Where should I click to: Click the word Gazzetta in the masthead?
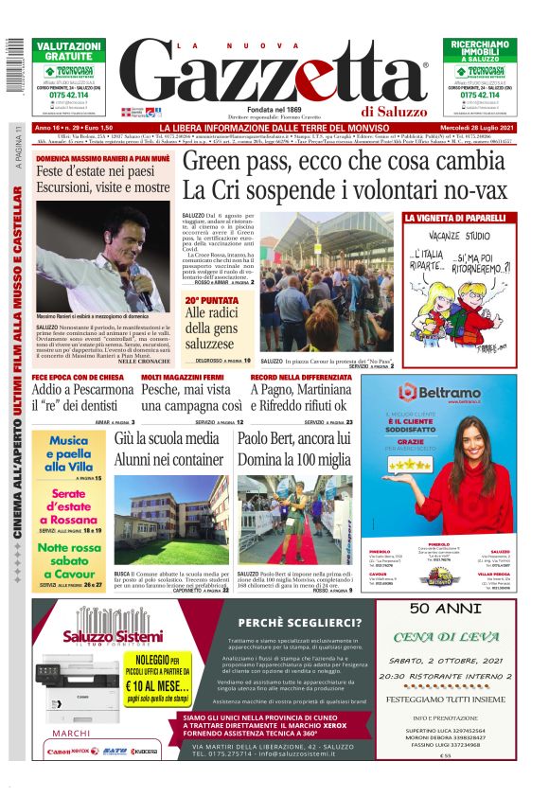(274, 77)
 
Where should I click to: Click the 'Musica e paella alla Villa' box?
(69, 455)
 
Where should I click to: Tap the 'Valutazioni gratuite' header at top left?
(68, 50)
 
